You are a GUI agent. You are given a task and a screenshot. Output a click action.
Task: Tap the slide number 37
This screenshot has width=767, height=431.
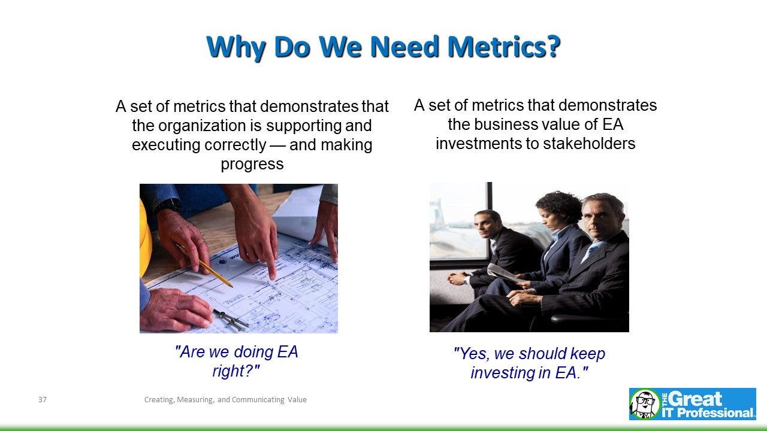(42, 400)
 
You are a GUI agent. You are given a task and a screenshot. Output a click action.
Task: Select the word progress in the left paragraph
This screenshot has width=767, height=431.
(252, 164)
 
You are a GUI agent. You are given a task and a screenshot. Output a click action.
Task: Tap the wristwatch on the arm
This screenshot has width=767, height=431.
(167, 206)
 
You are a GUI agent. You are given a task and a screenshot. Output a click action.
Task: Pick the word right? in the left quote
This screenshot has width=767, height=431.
(235, 371)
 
